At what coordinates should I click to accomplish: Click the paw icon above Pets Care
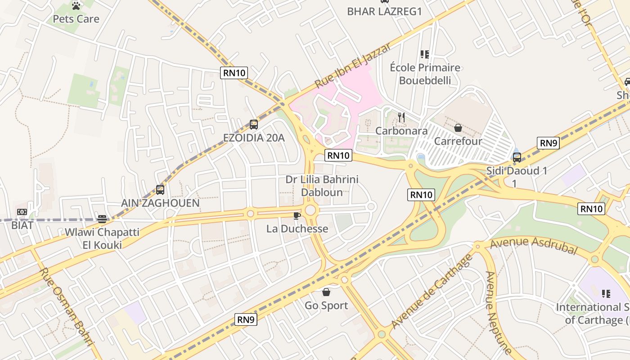(76, 6)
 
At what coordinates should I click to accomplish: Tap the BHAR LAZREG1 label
(384, 12)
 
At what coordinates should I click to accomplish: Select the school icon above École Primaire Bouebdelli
(424, 54)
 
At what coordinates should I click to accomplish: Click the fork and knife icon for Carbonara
(401, 118)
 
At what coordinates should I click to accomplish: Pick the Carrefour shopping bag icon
(458, 128)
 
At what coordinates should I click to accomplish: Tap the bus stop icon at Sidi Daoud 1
(517, 157)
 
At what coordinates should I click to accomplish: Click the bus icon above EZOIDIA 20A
(254, 125)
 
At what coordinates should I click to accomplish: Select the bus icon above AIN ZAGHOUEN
(160, 190)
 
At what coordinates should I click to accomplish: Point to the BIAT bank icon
(22, 212)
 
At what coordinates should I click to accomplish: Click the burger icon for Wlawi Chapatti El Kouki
(102, 219)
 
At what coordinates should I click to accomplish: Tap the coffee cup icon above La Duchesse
(297, 216)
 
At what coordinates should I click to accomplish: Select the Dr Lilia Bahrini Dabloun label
(322, 186)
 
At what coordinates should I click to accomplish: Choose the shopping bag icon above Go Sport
(326, 292)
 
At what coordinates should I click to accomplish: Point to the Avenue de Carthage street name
(432, 292)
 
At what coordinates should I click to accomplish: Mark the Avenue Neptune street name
(498, 313)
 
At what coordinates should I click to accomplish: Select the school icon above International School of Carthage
(606, 294)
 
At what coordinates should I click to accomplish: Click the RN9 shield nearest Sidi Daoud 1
(548, 144)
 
